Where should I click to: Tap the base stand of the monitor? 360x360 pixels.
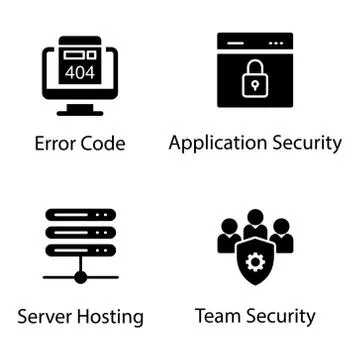click(80, 111)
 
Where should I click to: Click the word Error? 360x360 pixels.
click(57, 143)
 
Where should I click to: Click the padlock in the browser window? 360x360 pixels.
click(256, 77)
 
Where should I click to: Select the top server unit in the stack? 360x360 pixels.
click(81, 217)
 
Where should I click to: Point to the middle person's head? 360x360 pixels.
click(256, 218)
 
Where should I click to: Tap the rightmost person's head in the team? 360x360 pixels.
click(281, 226)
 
